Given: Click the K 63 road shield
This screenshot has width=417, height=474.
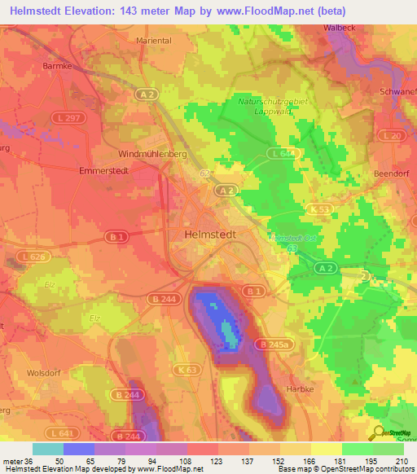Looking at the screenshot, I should coord(190,369).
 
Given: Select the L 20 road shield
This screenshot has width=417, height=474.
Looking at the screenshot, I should coord(391,134).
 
